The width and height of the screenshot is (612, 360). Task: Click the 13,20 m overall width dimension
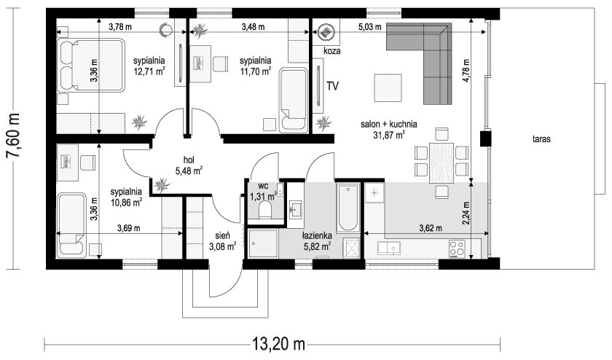[x=278, y=345]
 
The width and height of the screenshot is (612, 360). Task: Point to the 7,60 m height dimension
[x=14, y=136]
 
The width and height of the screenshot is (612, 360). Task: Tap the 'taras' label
[x=541, y=139]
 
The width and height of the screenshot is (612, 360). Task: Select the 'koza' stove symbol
[x=326, y=31]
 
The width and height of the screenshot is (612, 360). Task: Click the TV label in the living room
[x=332, y=86]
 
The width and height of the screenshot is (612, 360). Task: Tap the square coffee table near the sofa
[x=388, y=88]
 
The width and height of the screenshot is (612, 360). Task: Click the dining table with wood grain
[x=442, y=163]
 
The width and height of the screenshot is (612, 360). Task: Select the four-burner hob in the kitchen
[x=457, y=249]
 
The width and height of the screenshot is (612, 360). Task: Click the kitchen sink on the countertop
[x=389, y=248]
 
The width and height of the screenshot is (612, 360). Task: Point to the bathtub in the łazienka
[x=348, y=208]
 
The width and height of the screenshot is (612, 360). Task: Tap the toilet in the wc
[x=266, y=210]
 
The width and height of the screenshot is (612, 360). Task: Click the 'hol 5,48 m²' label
[x=189, y=165]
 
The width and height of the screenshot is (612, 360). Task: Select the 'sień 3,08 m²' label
[x=222, y=241]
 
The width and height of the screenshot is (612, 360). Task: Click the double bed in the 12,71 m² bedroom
[x=91, y=65]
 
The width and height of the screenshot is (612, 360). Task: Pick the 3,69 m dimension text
[x=128, y=228]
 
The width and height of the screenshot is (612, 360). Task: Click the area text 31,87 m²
[x=389, y=135]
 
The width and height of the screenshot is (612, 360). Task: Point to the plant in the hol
[x=161, y=184]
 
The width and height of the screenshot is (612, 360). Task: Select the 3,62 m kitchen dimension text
[x=431, y=228]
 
